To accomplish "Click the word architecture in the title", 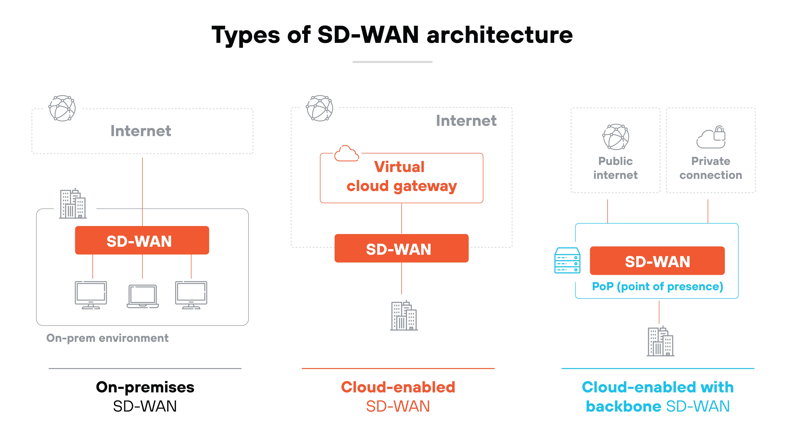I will click(500, 35).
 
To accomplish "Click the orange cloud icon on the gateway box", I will click(346, 153).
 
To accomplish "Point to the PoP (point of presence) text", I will click(657, 286).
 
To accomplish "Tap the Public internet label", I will click(615, 168).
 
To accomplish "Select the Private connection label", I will click(711, 168).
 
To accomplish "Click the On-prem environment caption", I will click(107, 338).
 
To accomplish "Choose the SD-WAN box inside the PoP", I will click(657, 261).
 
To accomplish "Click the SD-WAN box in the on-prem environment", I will click(142, 241).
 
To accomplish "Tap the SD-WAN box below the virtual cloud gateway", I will click(401, 249).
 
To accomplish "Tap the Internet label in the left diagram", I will click(141, 131).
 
